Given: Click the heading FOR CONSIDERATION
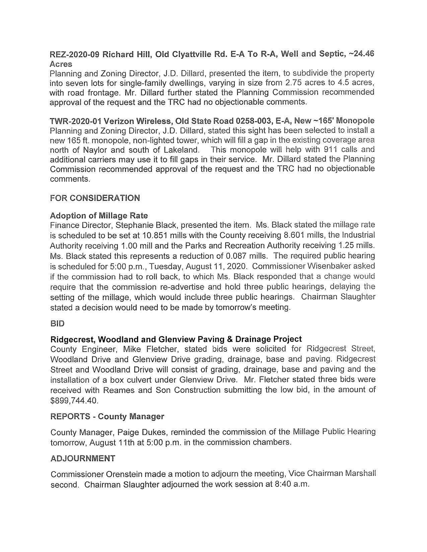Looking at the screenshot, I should (x=95, y=198).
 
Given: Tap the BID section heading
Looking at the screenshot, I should (x=57, y=323).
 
